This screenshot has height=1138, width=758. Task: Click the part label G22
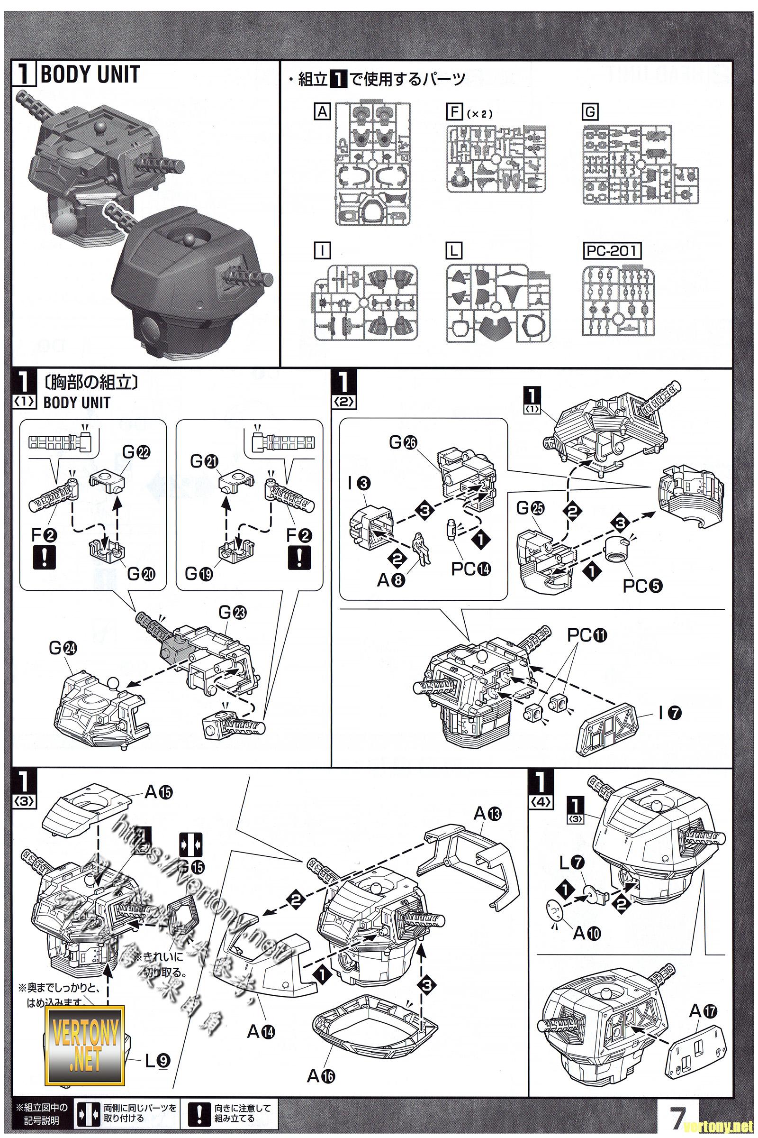pos(136,453)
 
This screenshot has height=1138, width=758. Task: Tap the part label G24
pos(63,648)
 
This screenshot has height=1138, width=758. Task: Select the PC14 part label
pos(470,569)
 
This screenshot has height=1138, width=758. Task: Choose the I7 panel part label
pos(669,712)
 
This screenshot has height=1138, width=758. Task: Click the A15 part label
pos(159,792)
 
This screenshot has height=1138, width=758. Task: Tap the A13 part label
pos(488,814)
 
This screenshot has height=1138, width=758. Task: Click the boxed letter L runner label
pos(455,251)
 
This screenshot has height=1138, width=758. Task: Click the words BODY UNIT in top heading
pos(90,75)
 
